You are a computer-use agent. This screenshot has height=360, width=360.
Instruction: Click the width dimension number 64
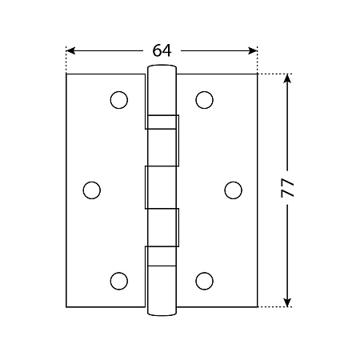pos(162,50)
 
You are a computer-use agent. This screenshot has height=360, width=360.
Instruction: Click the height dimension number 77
pos(287,188)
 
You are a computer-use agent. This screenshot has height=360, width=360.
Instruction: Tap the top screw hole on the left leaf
pos(119,100)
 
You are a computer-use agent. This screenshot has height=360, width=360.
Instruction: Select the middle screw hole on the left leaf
pos(92,190)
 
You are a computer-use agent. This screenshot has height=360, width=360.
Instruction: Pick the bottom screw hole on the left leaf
pos(119,281)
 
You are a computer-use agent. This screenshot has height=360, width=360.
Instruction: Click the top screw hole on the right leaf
pos(204,100)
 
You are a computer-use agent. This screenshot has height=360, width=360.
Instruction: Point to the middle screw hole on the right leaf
pos(234,190)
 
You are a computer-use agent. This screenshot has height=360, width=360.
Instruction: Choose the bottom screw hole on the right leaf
pos(204,281)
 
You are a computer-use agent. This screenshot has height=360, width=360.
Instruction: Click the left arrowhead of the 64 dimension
pos(70,50)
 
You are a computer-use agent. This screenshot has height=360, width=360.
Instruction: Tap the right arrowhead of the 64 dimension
pos(253,50)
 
